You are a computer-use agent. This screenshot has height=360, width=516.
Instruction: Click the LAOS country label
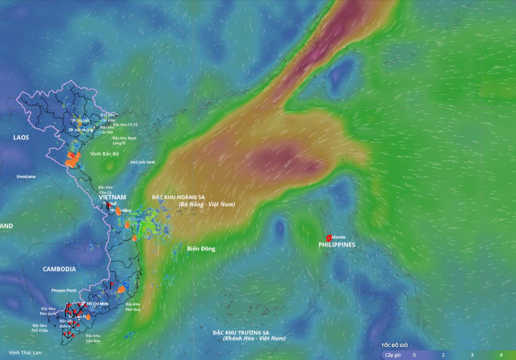21,137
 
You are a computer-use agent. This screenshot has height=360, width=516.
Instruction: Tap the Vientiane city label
26,176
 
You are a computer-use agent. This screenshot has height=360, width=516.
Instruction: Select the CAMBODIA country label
59,269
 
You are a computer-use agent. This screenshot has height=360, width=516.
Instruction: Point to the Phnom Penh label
64,290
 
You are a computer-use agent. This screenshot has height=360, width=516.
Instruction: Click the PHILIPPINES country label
337,245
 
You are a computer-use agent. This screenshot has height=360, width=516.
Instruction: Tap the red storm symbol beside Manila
329,238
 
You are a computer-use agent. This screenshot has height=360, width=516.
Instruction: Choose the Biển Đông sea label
201,248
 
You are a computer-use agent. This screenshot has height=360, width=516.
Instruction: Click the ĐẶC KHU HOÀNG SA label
178,197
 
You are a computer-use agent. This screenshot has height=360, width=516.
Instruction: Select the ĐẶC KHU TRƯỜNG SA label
241,333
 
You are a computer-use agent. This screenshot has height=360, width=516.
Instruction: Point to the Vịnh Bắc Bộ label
104,154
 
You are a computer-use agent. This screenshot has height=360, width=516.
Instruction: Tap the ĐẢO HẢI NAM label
143,162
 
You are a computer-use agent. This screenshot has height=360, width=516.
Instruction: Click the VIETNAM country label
112,197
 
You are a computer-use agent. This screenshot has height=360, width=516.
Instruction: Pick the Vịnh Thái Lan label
25,352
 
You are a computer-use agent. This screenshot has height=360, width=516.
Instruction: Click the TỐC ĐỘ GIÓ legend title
394,345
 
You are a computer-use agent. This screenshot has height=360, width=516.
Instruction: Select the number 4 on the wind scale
501,355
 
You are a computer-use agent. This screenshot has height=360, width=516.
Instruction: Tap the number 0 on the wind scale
414,355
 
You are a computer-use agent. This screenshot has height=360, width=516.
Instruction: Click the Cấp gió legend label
393,355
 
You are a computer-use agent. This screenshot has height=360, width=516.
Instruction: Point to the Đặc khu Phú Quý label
133,307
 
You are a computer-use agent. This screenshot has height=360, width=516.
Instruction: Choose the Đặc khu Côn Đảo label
93,338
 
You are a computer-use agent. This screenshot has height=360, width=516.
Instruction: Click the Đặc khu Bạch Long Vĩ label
124,140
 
